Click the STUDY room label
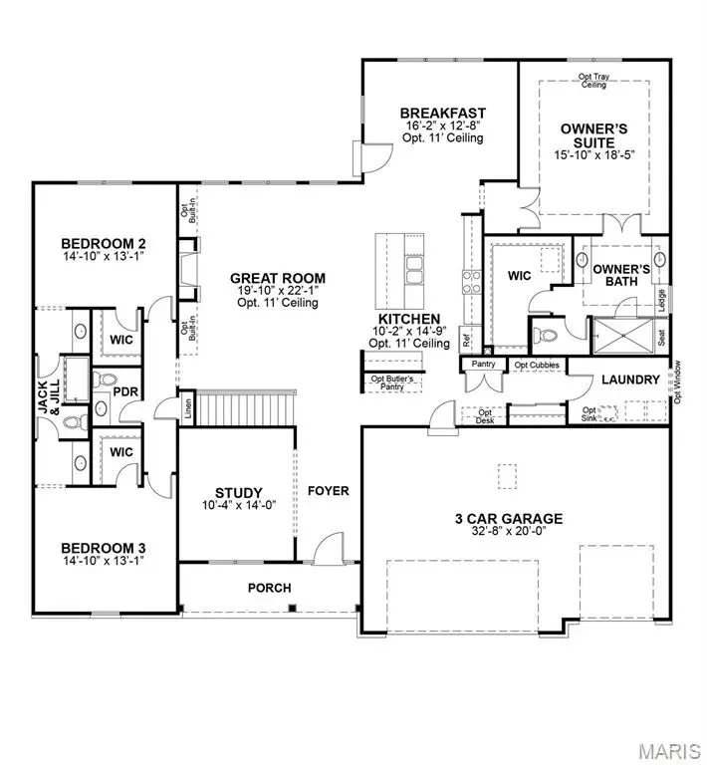pyautogui.click(x=239, y=492)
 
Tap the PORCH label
pyautogui.click(x=269, y=588)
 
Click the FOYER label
pyautogui.click(x=327, y=491)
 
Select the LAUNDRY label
pyautogui.click(x=630, y=380)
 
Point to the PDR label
pyautogui.click(x=124, y=391)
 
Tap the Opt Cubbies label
pyautogui.click(x=536, y=366)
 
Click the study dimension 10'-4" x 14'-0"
pyautogui.click(x=239, y=505)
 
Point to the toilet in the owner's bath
pyautogui.click(x=545, y=336)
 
